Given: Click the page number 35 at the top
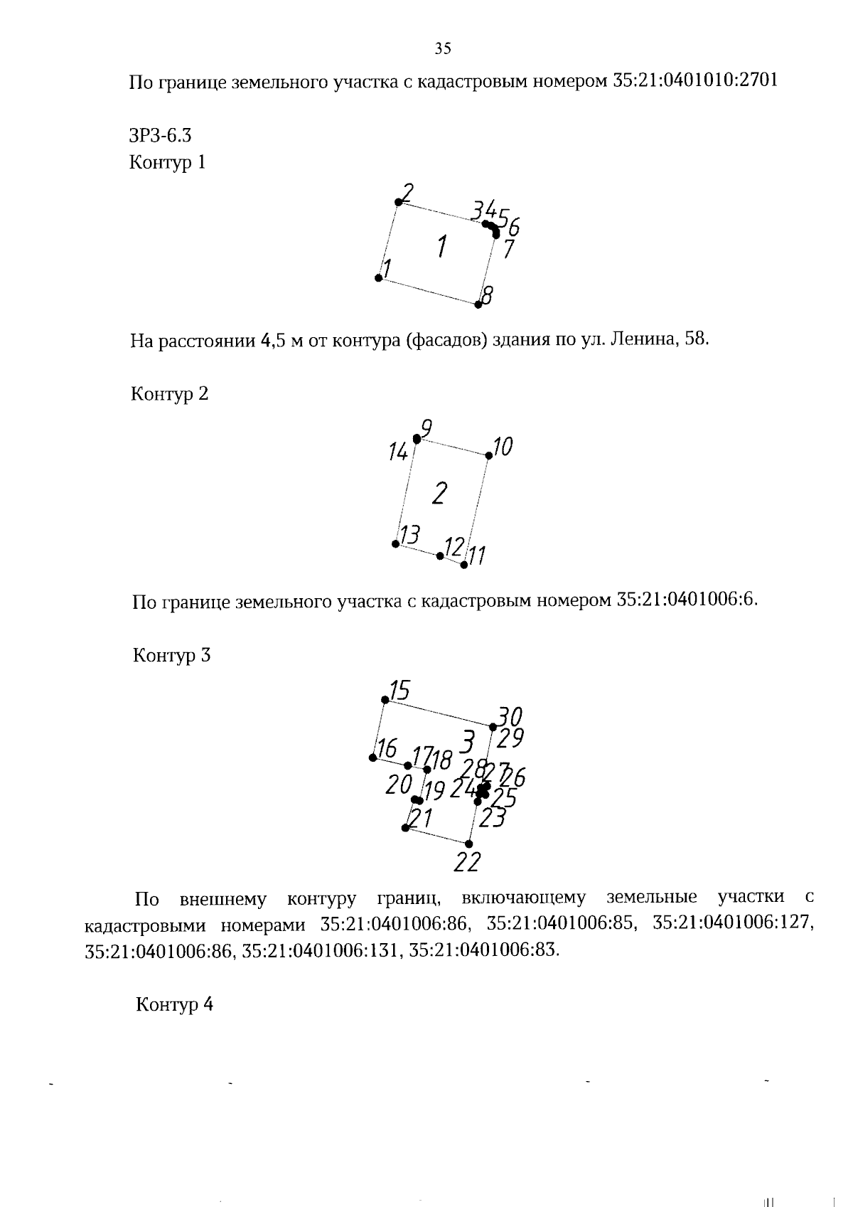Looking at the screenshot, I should [x=442, y=49].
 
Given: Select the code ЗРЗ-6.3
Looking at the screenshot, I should [x=161, y=135].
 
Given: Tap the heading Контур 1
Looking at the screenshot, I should [x=167, y=162].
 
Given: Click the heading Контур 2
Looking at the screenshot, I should [x=169, y=393].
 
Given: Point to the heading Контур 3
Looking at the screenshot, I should [x=171, y=654].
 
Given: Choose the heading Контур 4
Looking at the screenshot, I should [x=174, y=1004].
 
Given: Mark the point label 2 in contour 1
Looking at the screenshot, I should [x=408, y=191].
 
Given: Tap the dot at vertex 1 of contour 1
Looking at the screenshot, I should [x=379, y=277].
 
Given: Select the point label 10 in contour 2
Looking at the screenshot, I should [x=503, y=447].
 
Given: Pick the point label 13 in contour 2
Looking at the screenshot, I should [x=410, y=534].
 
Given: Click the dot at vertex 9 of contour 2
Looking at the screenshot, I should [x=417, y=439].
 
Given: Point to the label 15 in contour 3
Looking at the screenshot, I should [x=399, y=690].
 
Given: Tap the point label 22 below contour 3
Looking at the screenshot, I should [x=467, y=862].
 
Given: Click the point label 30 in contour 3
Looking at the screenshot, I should [x=510, y=715].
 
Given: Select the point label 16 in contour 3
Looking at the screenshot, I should [x=387, y=748].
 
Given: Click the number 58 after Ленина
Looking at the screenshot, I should [x=697, y=339].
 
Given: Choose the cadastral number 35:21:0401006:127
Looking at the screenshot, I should [x=732, y=923].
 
